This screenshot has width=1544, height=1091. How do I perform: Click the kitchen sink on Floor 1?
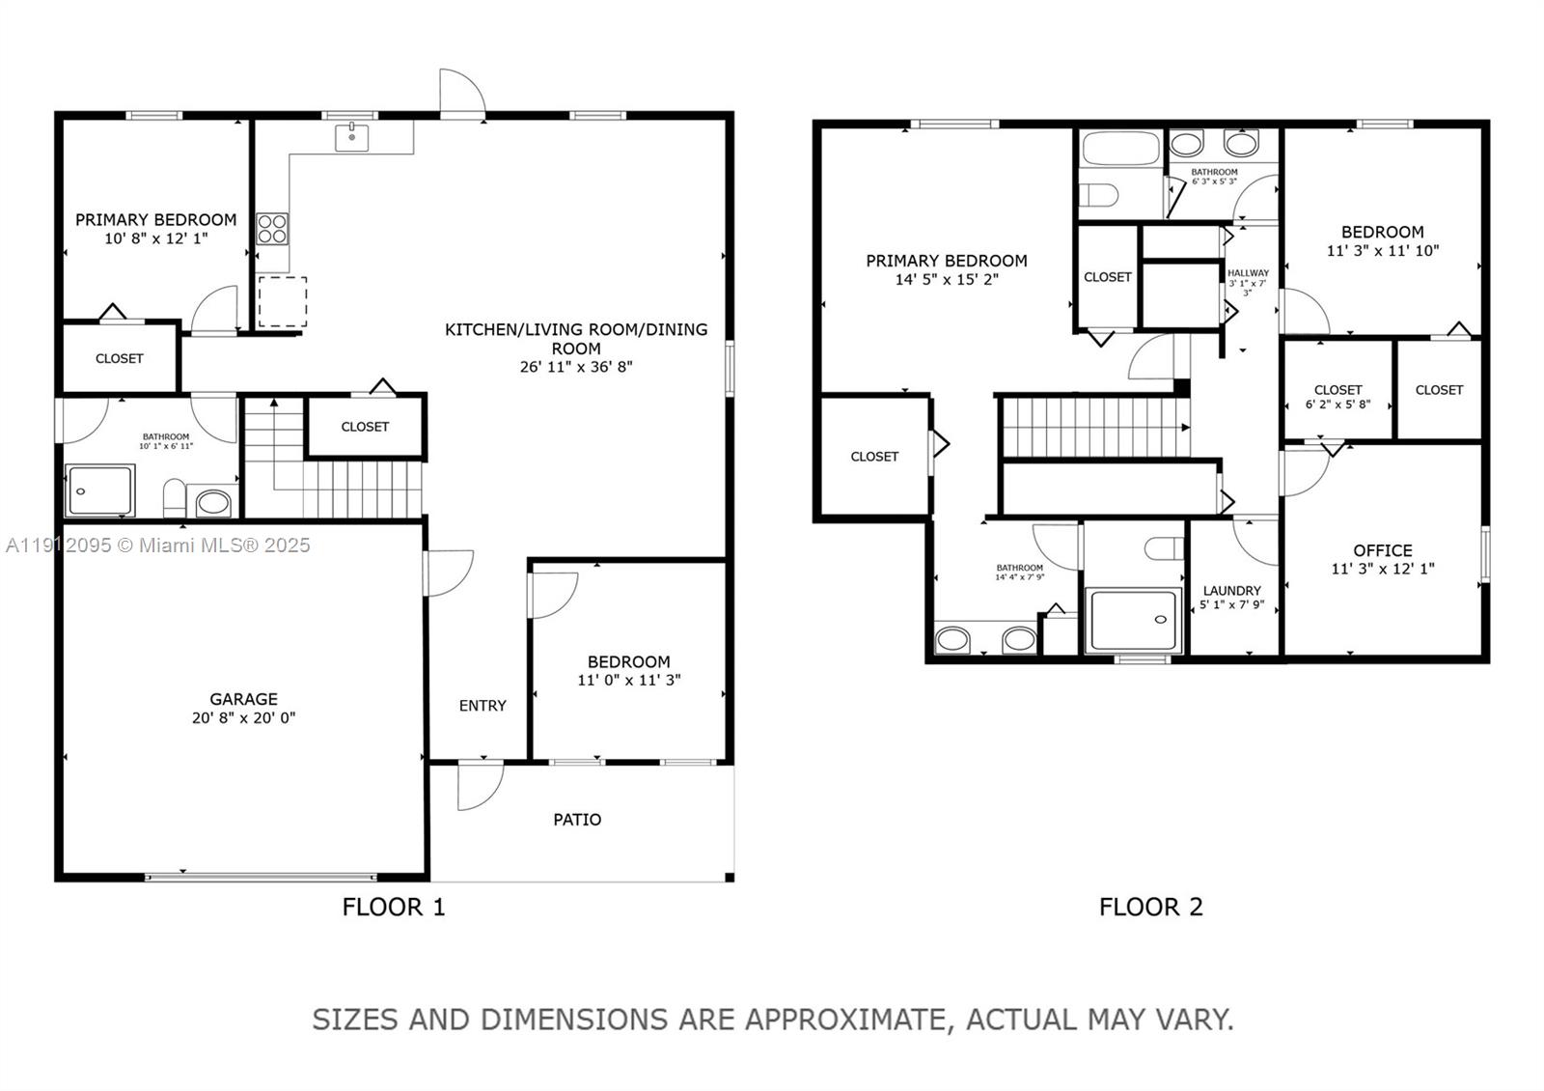point(352,137)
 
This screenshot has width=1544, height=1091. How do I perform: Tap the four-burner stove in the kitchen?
point(272,229)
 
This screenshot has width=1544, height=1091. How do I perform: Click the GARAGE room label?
point(243,699)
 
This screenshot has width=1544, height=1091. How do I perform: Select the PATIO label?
point(577,820)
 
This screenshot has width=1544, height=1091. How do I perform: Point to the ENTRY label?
point(482,706)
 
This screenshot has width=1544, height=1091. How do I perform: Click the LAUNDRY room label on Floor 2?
point(1231,591)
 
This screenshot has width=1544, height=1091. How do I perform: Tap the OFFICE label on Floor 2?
point(1382,550)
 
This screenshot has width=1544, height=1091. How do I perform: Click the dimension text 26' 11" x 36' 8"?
point(575,367)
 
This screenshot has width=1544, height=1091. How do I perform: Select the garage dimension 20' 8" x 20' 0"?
point(243,718)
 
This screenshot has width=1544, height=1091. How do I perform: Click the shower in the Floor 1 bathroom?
point(100,490)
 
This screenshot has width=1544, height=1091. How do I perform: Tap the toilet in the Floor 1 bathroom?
point(175,497)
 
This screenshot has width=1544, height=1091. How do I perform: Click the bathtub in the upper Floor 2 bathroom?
point(1120,150)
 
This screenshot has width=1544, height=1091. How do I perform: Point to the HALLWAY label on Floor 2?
point(1248,273)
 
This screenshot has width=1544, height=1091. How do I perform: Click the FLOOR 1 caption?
point(394,907)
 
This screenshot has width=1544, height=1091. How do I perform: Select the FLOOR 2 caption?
point(1150,907)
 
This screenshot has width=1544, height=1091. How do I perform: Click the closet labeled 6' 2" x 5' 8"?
point(1337,397)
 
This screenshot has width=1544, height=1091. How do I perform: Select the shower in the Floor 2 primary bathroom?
point(1133,621)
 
